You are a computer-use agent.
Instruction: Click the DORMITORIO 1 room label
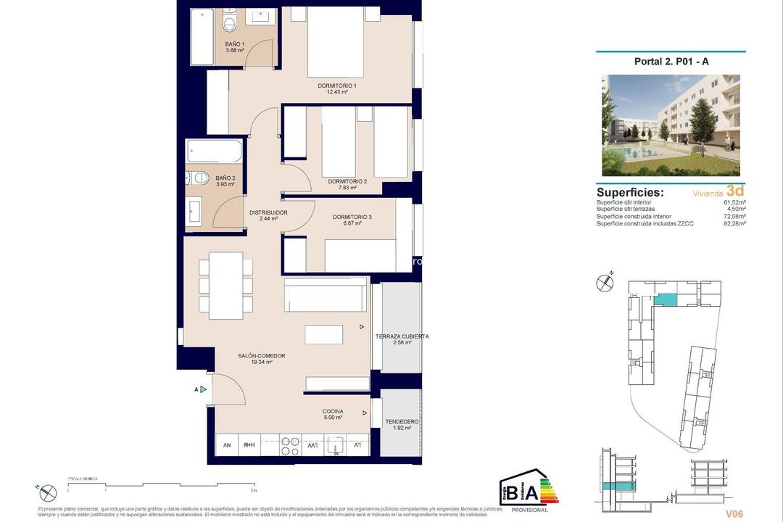click(x=337, y=86)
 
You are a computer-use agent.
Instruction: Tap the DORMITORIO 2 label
click(x=347, y=181)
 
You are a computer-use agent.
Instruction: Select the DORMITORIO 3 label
click(x=352, y=217)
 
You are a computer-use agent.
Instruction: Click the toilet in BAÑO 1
click(x=230, y=25)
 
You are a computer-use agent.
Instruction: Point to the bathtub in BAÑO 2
click(x=214, y=152)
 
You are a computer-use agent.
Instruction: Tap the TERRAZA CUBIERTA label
click(x=402, y=336)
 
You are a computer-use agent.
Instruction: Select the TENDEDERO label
click(x=402, y=421)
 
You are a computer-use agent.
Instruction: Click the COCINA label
click(x=333, y=411)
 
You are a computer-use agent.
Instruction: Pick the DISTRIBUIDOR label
click(x=268, y=212)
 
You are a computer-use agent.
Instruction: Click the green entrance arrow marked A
click(x=204, y=389)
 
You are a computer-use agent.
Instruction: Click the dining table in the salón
click(x=226, y=286)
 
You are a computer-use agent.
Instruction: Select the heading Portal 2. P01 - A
click(x=671, y=62)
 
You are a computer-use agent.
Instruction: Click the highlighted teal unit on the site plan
click(x=665, y=299)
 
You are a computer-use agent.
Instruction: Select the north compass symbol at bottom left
click(x=48, y=492)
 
